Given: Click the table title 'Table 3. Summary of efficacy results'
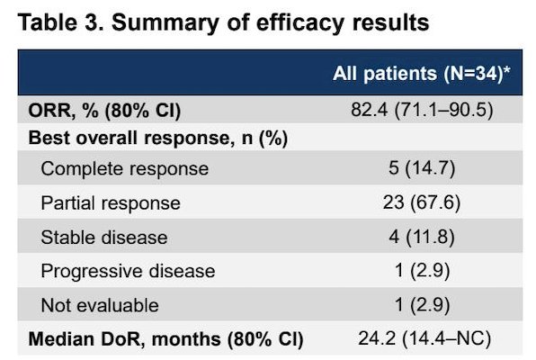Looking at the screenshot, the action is tap(224, 22).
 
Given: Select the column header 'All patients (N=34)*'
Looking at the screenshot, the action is tap(422, 74).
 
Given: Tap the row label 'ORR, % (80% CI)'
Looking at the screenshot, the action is tap(104, 111).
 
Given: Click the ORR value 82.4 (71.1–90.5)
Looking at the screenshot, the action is tap(422, 110).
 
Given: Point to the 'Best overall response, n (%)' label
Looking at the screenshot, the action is tap(158, 139).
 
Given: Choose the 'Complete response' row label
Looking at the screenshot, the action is tap(125, 169).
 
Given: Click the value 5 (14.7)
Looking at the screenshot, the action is tap(422, 168).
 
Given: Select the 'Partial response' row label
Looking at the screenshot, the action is tap(111, 203).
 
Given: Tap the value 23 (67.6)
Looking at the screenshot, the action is tap(422, 202).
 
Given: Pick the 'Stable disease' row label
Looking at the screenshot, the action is tap(104, 238).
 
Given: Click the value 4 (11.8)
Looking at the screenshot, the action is tap(422, 237).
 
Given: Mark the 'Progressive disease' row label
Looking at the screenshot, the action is tap(129, 272).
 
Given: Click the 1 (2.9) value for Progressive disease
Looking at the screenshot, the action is tap(422, 270).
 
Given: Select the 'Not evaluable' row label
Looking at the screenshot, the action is tap(100, 305).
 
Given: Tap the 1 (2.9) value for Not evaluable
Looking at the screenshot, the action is tap(422, 304).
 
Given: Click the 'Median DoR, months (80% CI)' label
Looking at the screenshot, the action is tap(165, 339).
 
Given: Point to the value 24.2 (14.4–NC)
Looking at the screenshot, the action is tap(424, 338).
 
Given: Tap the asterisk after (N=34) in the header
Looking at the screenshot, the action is tap(507, 69).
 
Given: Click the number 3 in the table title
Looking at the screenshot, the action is tap(91, 22).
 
